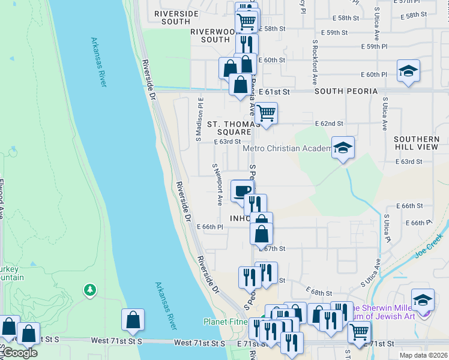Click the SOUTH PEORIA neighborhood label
pyautogui.click(x=345, y=91)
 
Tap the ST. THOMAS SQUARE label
pyautogui.click(x=229, y=128)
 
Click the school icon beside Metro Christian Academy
pyautogui.click(x=343, y=147)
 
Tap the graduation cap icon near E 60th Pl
pyautogui.click(x=408, y=70)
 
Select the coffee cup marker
pyautogui.click(x=242, y=191)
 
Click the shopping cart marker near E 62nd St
pyautogui.click(x=266, y=112)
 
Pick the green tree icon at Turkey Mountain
pyautogui.click(x=90, y=290)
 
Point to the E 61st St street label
pyautogui.click(x=276, y=92)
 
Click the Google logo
pyautogui.click(x=20, y=353)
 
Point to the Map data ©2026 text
pyautogui.click(x=423, y=355)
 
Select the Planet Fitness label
pyautogui.click(x=226, y=322)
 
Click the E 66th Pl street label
pyautogui.click(x=210, y=227)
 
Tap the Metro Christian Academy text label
pyautogui.click(x=287, y=148)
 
